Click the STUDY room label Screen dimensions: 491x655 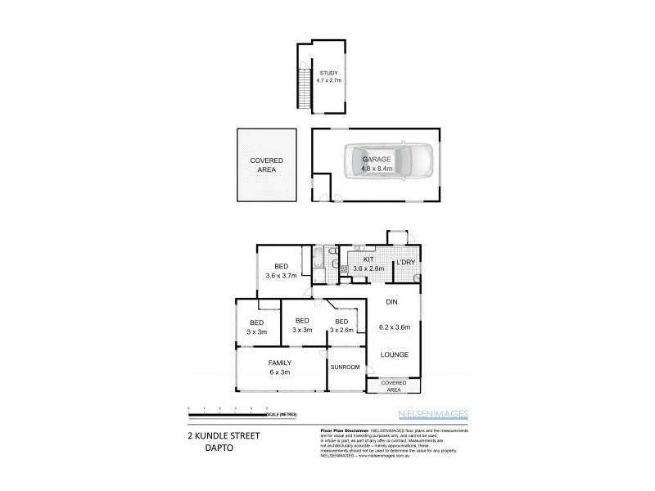[x=328, y=73]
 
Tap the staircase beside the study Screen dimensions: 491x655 [x=305, y=90]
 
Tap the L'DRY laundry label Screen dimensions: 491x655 [x=406, y=262]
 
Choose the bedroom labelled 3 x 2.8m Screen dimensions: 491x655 [x=341, y=326]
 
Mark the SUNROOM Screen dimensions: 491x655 [x=346, y=367]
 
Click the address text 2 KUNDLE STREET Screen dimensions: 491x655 [x=217, y=436]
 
